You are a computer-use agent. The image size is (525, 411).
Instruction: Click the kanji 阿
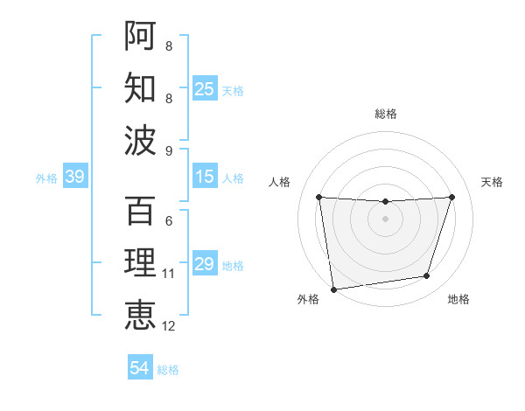(140, 35)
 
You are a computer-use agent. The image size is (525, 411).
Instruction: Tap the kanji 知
(140, 87)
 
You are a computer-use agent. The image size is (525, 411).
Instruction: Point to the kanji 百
(140, 210)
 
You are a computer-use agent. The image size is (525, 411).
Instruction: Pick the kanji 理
(140, 262)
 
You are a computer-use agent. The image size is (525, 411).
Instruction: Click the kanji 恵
(140, 315)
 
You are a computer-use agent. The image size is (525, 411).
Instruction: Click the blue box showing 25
(205, 89)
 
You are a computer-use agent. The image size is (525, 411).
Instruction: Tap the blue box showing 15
(205, 178)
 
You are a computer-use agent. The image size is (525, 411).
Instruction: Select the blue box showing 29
(205, 265)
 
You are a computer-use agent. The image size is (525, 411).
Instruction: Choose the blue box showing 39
(74, 178)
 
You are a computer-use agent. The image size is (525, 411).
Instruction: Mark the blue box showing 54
(140, 368)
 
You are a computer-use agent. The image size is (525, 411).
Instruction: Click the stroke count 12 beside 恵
(169, 326)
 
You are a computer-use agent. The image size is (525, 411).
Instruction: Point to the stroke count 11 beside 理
(169, 274)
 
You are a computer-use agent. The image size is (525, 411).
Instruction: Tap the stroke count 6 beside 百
(169, 221)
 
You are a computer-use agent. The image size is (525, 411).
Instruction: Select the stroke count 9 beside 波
(169, 150)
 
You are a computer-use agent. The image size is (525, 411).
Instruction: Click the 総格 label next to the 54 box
(168, 370)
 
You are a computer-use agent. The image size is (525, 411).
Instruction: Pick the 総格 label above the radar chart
(385, 114)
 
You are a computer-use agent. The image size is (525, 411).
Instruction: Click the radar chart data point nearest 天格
(451, 197)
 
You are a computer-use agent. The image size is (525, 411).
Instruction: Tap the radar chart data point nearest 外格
(333, 289)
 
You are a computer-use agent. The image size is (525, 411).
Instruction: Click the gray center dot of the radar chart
(385, 218)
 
